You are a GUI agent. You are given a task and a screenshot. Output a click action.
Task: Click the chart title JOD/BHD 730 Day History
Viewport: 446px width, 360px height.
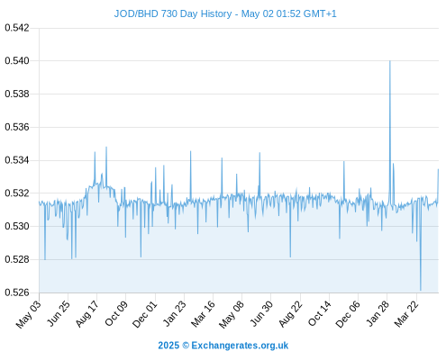[173, 14]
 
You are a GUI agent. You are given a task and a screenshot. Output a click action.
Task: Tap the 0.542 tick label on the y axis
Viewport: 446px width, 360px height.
[17, 28]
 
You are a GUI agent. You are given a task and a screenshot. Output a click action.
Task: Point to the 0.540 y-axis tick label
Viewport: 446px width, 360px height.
[17, 61]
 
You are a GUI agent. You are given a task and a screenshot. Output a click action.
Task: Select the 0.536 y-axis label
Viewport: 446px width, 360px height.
[17, 127]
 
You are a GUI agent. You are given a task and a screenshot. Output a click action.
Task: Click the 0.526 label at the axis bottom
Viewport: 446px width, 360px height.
[17, 292]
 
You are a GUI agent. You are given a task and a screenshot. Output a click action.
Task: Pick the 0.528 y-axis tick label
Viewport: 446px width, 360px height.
[17, 259]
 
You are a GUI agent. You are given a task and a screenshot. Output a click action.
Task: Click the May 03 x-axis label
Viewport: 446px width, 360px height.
[29, 314]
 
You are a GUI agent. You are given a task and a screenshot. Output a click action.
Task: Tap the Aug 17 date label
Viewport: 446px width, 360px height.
[87, 314]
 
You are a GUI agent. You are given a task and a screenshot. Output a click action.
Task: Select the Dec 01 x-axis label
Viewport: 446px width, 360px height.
[145, 314]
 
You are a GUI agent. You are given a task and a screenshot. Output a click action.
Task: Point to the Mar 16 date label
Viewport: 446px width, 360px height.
[203, 314]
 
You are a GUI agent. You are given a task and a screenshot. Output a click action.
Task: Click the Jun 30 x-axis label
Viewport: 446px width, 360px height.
[261, 314]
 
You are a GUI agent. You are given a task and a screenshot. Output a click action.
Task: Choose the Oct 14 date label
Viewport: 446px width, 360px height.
[319, 314]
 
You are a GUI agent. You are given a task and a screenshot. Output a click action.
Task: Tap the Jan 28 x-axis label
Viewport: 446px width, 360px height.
[378, 314]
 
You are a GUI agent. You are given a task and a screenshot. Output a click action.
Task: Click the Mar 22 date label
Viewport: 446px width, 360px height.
[406, 314]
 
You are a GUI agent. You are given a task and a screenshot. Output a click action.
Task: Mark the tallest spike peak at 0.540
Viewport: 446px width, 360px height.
[390, 61]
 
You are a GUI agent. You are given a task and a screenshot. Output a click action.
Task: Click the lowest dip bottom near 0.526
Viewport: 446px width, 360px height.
[421, 290]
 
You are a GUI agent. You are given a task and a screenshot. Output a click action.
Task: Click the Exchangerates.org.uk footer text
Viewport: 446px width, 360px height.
[240, 346]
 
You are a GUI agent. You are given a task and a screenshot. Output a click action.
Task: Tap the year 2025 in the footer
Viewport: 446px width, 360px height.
[168, 346]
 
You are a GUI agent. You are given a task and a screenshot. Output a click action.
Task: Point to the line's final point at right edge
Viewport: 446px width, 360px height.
[438, 169]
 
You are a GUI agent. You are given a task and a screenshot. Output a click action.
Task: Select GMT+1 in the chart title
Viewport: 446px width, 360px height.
[320, 14]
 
